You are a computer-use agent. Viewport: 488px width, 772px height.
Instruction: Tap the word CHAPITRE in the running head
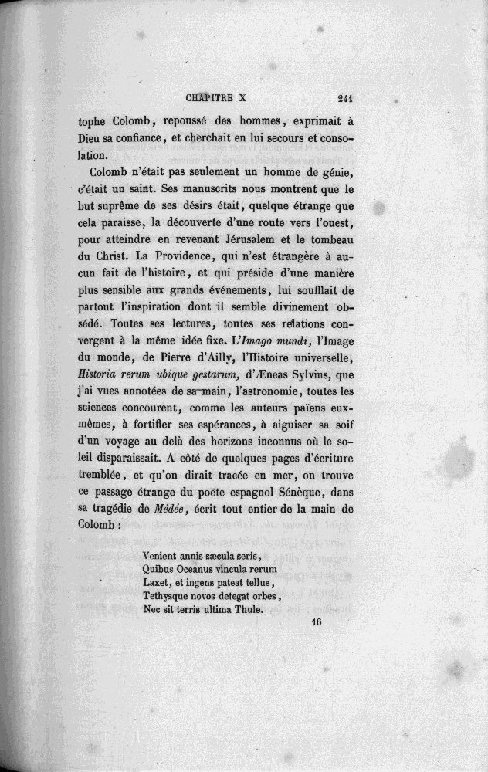click(214, 98)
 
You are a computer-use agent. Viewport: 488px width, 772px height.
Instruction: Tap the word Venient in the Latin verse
click(161, 556)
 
